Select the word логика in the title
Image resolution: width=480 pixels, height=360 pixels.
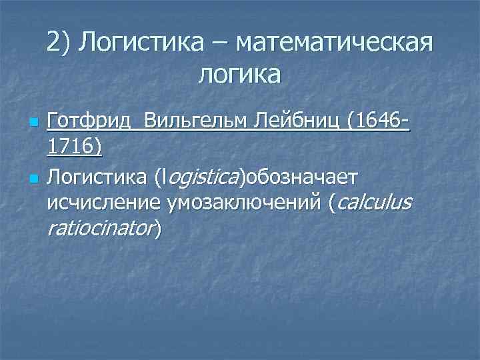(239, 74)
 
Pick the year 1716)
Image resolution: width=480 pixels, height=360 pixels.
(75, 147)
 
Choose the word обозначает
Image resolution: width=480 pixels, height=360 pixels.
(302, 178)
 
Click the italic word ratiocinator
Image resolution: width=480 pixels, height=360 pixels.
(101, 229)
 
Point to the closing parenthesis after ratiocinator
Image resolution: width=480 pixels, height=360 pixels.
(158, 229)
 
